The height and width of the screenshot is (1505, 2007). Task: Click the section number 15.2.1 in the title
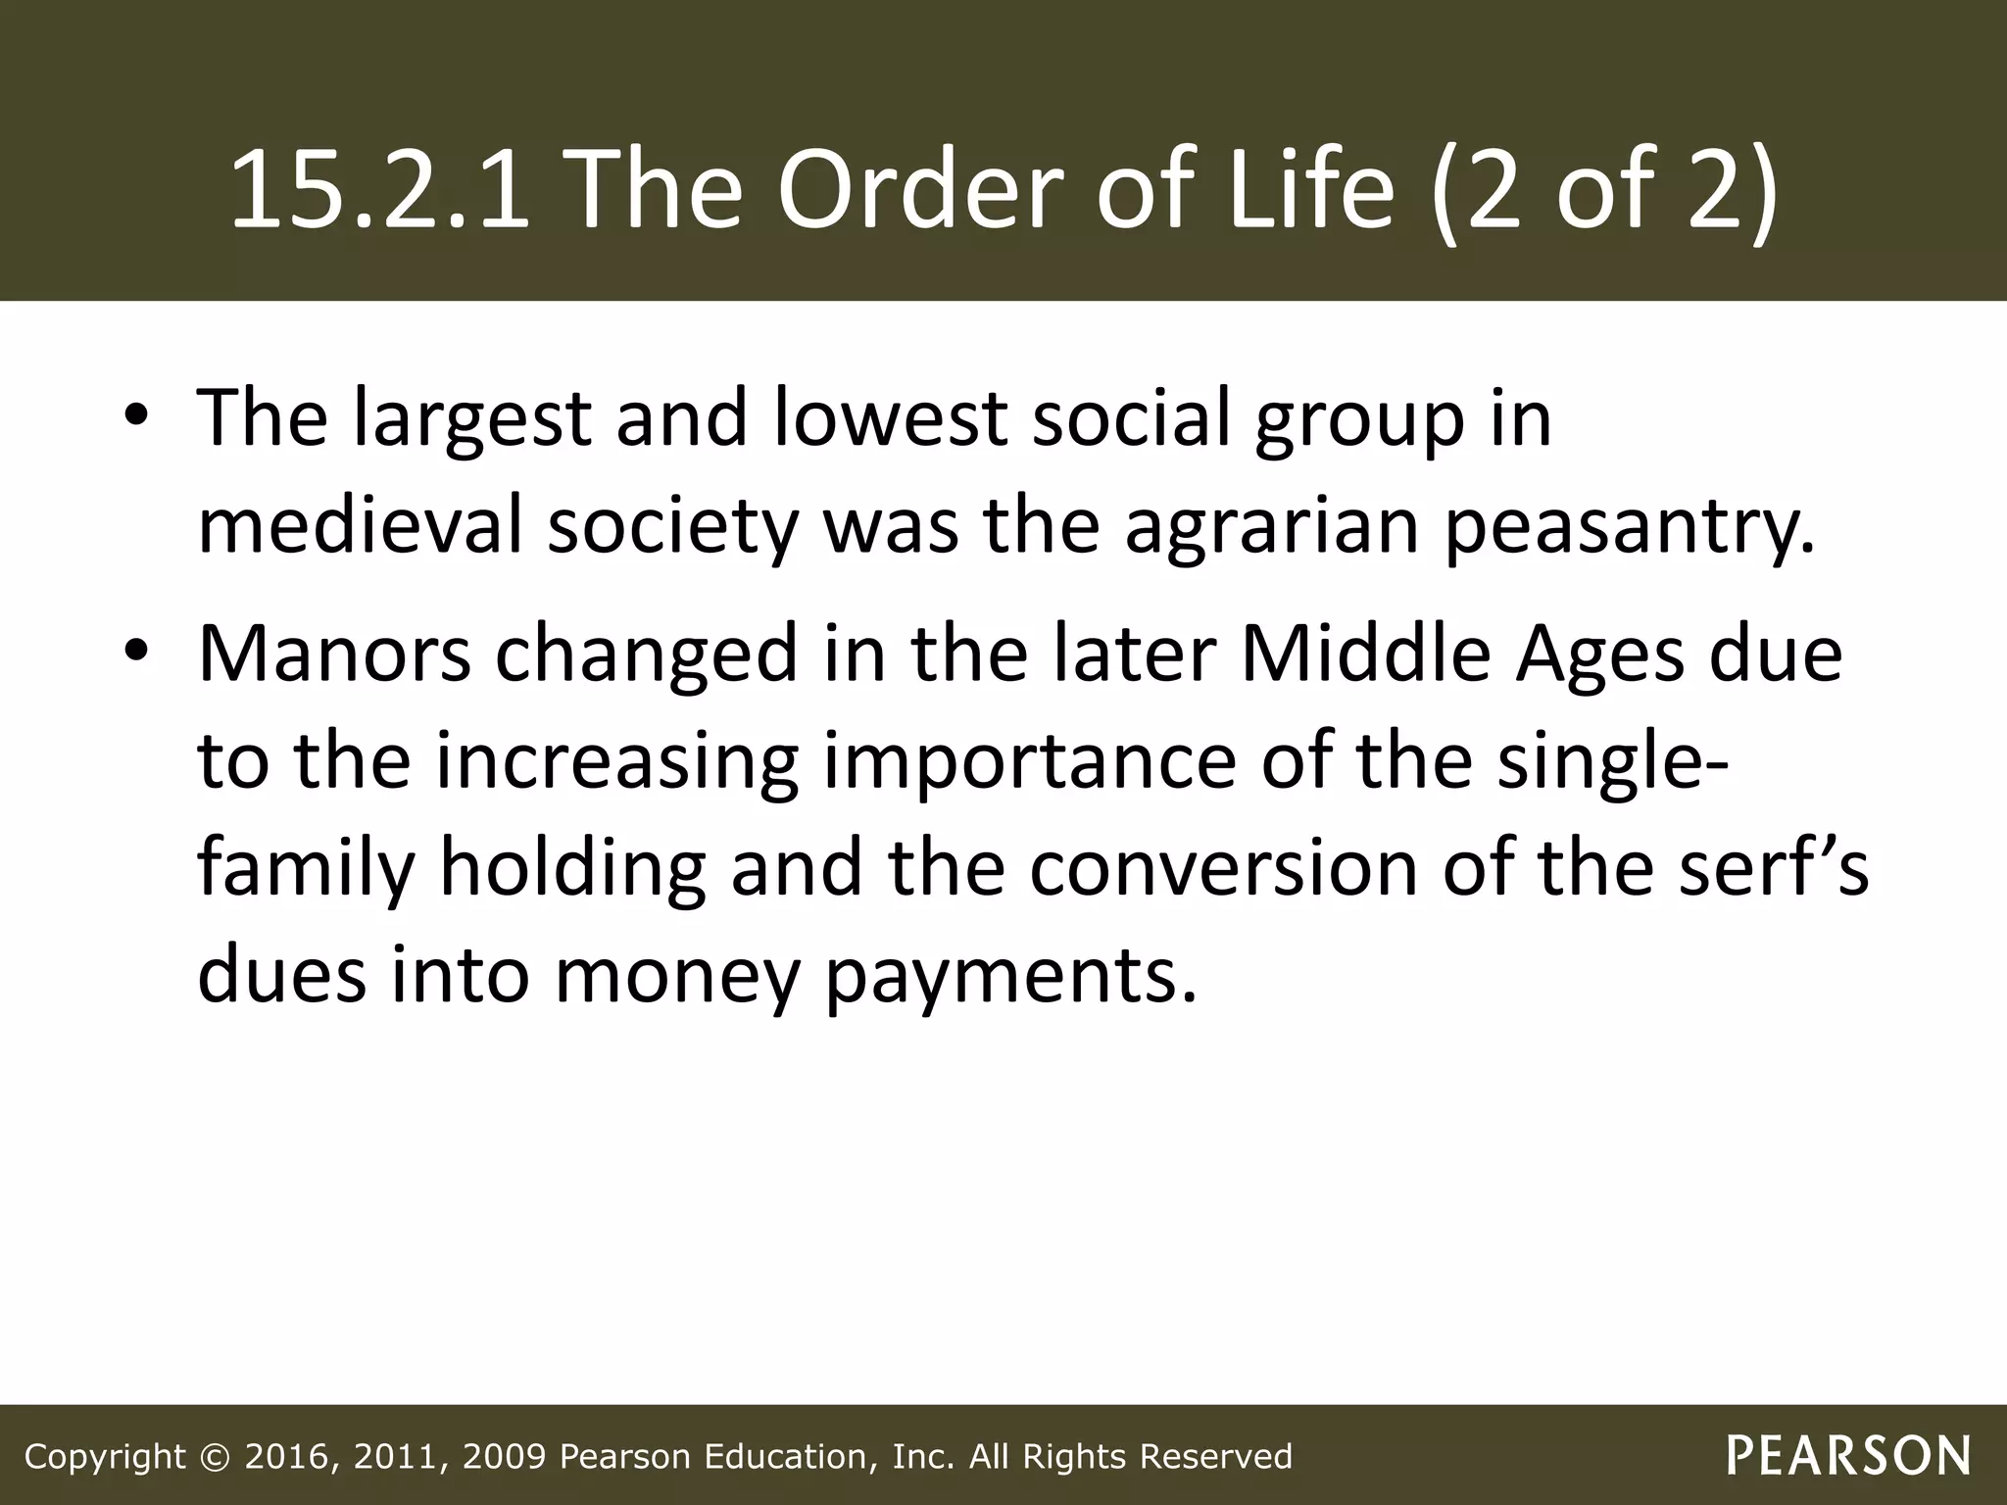pos(378,188)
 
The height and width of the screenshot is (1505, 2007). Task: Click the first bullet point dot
pos(136,418)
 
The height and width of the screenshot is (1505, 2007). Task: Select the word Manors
pos(334,655)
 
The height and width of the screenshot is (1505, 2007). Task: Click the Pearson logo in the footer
pos(1848,1456)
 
